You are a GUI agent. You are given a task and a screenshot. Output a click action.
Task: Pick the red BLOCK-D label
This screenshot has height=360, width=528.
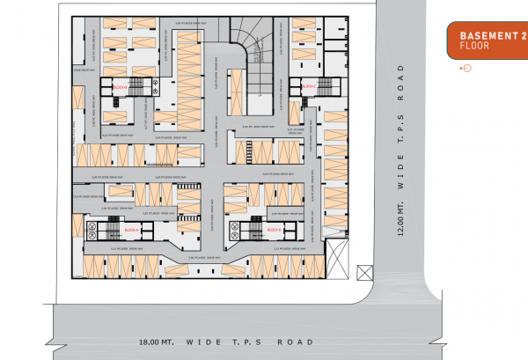pos(274,230)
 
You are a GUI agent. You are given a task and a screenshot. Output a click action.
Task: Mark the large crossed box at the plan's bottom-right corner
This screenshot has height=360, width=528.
pos(337,261)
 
